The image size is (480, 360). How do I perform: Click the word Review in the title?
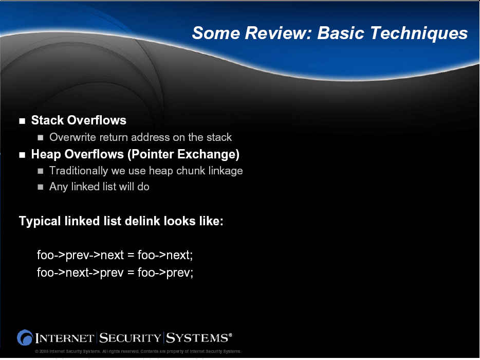coord(278,32)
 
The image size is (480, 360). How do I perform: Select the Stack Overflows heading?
coord(79,120)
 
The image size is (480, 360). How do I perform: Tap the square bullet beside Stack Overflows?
coord(22,121)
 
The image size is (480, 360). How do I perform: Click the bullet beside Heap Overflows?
coord(22,155)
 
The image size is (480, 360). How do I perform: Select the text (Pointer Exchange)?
coord(183,154)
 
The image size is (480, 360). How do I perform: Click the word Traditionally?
coord(79,171)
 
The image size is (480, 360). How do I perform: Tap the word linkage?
coord(226,171)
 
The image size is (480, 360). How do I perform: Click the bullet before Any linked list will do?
coord(41,187)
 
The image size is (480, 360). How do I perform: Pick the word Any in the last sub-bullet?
coord(59,187)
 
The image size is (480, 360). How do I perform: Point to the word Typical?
coord(40,221)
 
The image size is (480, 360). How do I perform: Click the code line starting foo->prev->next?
coord(115,255)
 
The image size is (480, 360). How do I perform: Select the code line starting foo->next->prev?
coord(115,273)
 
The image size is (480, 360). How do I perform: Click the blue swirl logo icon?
coord(25,338)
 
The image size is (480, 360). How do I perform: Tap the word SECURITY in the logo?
coord(130,338)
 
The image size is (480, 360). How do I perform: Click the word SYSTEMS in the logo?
coord(197,338)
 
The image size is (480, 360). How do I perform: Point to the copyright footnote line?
coord(138,351)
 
